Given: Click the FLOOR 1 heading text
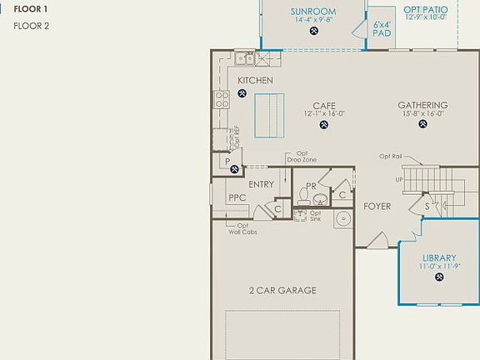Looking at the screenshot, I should [31, 9].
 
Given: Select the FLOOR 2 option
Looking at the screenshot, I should [32, 26].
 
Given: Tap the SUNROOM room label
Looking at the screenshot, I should [312, 12].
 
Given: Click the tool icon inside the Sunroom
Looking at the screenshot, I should [313, 32].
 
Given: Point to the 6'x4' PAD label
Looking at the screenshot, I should [382, 30].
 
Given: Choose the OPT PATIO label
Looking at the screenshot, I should [425, 9].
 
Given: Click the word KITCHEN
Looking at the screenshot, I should [255, 80].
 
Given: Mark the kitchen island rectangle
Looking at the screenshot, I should [269, 115].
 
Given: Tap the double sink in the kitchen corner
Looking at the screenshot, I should [244, 57].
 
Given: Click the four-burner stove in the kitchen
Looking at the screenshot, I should [222, 101].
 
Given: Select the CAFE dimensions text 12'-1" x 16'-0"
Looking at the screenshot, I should [324, 113].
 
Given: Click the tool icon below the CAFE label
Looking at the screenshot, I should [323, 126].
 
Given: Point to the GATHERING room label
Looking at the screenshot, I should [422, 105].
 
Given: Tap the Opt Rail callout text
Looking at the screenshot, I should [391, 156].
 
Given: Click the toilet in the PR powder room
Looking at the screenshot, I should [305, 197].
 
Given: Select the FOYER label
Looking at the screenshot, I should [377, 206].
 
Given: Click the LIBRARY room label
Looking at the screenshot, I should [438, 258].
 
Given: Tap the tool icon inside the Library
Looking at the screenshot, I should [438, 277].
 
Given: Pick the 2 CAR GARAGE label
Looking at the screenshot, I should [282, 291].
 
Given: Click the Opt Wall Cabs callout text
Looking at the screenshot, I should [242, 228].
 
